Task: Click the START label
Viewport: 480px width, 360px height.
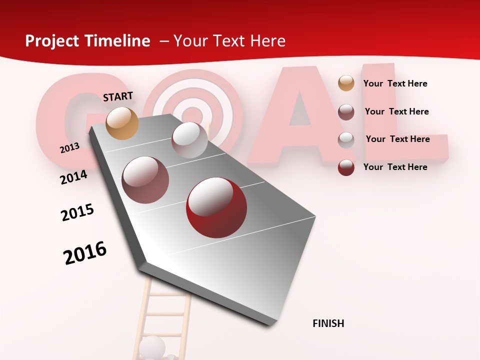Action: click(x=118, y=96)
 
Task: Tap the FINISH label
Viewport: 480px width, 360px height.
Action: click(x=328, y=323)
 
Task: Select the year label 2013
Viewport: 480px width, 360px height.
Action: click(x=69, y=148)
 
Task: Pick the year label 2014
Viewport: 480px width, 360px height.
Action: click(x=73, y=177)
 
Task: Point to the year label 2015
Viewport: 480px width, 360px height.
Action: click(x=77, y=212)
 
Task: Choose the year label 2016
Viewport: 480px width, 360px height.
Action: click(x=85, y=252)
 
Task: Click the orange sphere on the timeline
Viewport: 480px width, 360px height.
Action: click(x=122, y=123)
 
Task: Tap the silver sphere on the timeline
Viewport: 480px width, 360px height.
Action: click(x=189, y=140)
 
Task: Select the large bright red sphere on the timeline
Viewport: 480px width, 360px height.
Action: click(x=216, y=207)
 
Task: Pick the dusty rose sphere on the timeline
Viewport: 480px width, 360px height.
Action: click(x=145, y=180)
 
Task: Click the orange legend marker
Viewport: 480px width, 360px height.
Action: click(x=346, y=83)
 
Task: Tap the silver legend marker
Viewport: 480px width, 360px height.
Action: click(x=346, y=139)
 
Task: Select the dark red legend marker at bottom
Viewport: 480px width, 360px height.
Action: click(x=346, y=167)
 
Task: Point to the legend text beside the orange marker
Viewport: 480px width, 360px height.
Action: click(x=395, y=83)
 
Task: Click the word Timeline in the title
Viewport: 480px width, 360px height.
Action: click(x=119, y=41)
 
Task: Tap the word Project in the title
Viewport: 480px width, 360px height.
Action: click(x=52, y=41)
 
